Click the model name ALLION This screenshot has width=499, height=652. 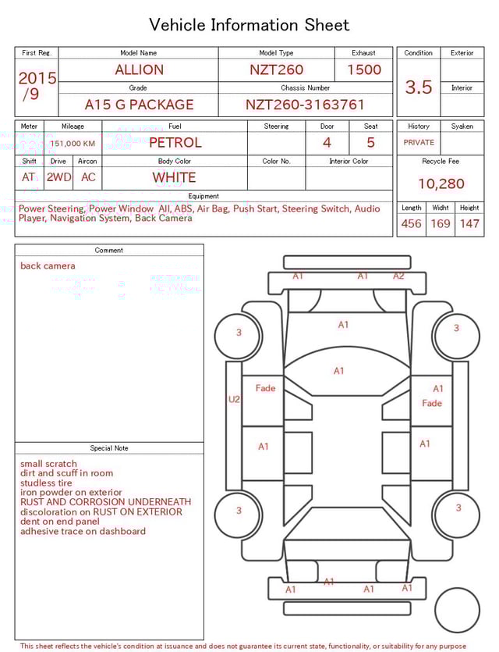pyautogui.click(x=139, y=69)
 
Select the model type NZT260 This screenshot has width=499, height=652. pyautogui.click(x=276, y=69)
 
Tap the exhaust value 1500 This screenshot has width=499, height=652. pyautogui.click(x=364, y=69)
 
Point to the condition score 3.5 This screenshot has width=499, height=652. pyautogui.click(x=419, y=87)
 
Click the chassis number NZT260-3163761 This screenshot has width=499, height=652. pyautogui.click(x=305, y=105)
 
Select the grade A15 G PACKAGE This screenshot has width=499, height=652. pyautogui.click(x=139, y=105)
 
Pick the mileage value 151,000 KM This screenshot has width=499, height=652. pyautogui.click(x=73, y=144)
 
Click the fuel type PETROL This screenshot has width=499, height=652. pyautogui.click(x=175, y=142)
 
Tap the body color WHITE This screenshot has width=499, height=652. pyautogui.click(x=174, y=177)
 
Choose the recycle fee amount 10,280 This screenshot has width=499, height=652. pyautogui.click(x=441, y=184)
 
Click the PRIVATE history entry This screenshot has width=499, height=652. pyautogui.click(x=419, y=143)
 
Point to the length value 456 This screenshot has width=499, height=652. pyautogui.click(x=411, y=224)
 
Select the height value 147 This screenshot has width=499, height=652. pyautogui.click(x=469, y=224)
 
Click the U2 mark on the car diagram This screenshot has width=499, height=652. pyautogui.click(x=234, y=399)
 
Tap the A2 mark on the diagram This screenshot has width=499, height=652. pyautogui.click(x=398, y=276)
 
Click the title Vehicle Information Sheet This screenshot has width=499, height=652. pyautogui.click(x=249, y=25)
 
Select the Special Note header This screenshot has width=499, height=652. pyautogui.click(x=109, y=448)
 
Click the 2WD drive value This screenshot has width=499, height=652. pyautogui.click(x=58, y=177)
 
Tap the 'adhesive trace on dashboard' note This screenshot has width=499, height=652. pyautogui.click(x=83, y=532)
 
